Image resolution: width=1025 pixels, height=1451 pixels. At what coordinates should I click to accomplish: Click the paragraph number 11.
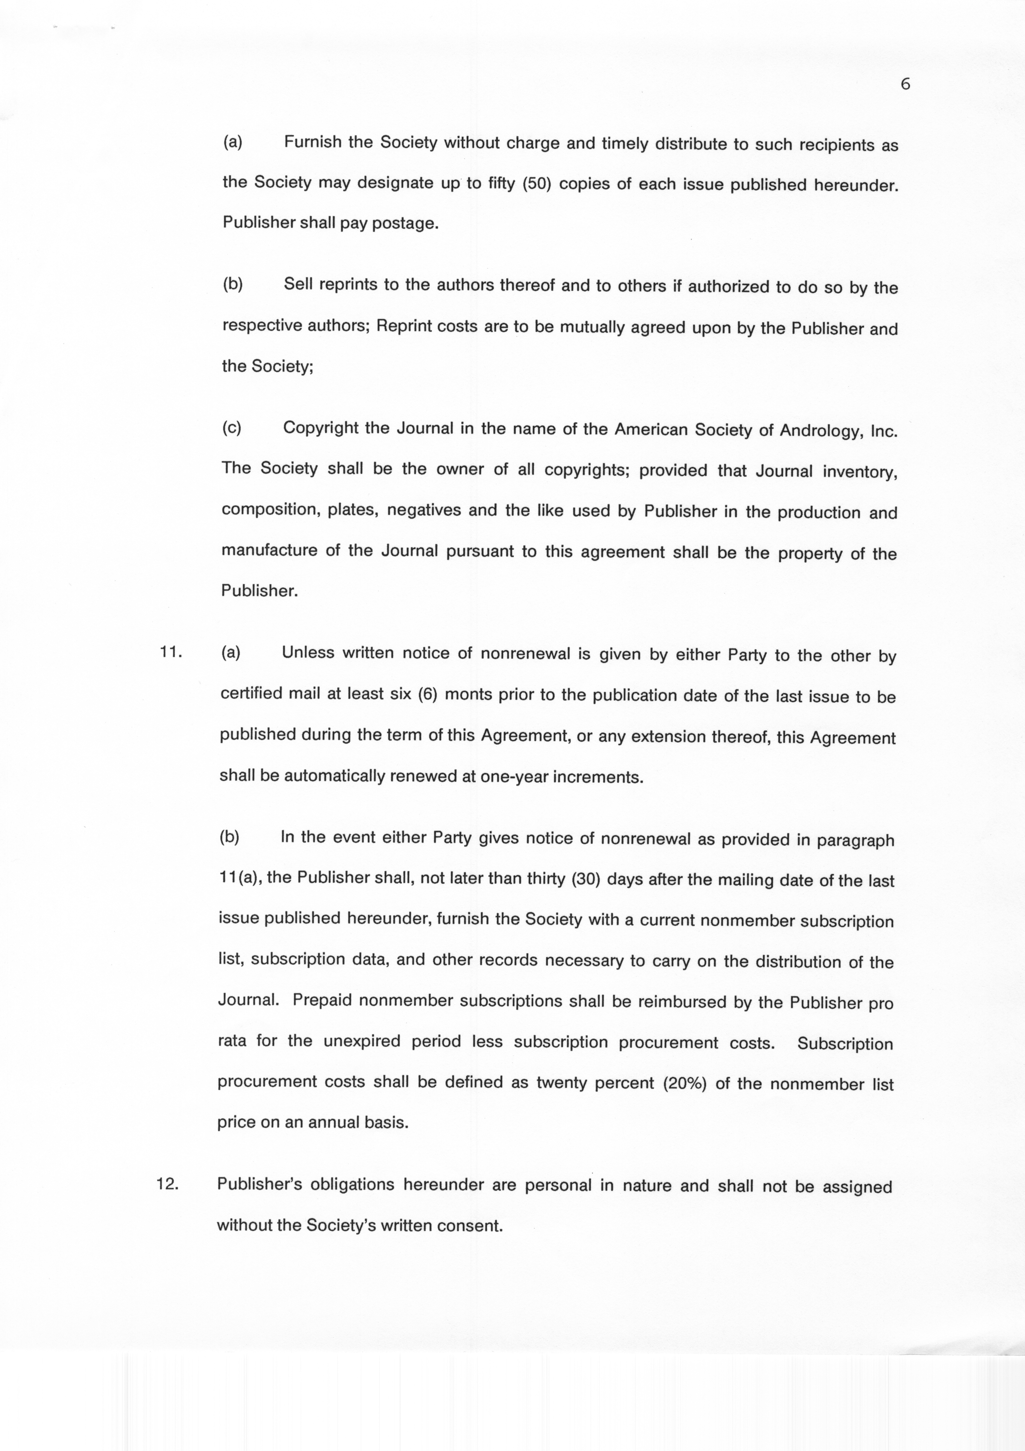pos(170,652)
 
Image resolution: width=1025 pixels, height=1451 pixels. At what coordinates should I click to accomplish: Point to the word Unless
pos(308,652)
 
